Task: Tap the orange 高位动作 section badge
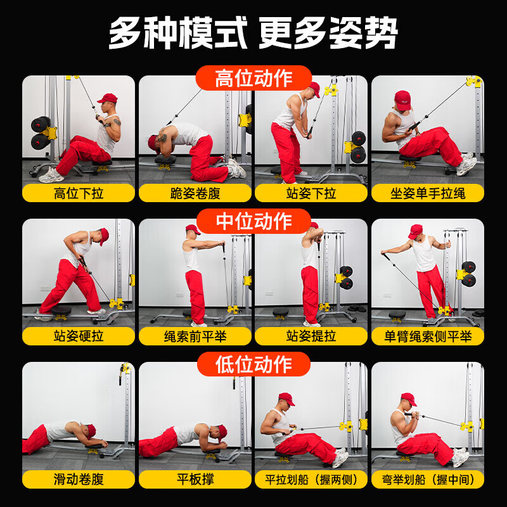coord(253,79)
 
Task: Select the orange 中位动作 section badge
coord(253,221)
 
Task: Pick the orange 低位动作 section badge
coord(253,364)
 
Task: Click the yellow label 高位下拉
coord(79,193)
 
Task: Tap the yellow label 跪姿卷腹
coord(195,193)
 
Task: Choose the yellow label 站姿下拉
coord(311,193)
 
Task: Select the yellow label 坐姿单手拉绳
coord(428,193)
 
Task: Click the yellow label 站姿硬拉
coord(79,337)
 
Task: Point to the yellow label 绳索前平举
coord(195,337)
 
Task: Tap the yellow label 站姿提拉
coord(311,337)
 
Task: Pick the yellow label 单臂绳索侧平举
coord(428,337)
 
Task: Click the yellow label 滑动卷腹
coord(79,480)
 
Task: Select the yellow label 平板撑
coord(195,480)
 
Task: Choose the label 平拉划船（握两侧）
coord(311,480)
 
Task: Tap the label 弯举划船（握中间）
coord(428,480)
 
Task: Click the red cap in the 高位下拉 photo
coord(108,99)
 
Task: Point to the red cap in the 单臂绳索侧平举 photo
coord(416,231)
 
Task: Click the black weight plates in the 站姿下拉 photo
coord(358,146)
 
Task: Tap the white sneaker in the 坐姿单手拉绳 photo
coord(466,165)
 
